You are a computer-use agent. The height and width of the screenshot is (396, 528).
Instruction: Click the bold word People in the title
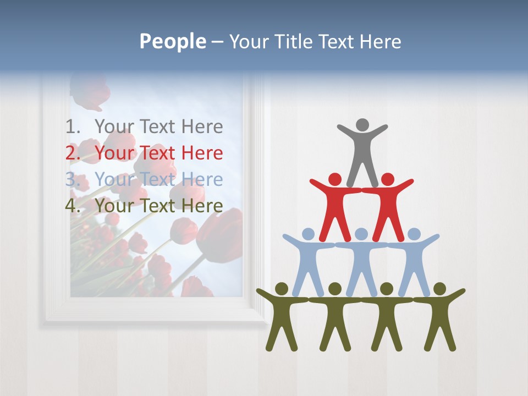172,41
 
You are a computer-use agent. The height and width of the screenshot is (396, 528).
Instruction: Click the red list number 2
73,153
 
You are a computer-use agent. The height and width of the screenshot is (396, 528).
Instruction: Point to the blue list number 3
73,180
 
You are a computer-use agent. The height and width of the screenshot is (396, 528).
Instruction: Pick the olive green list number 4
73,206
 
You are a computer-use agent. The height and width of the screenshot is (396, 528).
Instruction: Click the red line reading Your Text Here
159,153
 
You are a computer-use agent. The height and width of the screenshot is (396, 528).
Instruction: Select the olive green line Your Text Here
159,206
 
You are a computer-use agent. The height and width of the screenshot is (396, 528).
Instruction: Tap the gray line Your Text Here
159,127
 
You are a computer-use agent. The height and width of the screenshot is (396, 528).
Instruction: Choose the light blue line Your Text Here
159,180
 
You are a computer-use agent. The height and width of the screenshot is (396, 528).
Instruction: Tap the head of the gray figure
362,125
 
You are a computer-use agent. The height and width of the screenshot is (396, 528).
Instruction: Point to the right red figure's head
388,179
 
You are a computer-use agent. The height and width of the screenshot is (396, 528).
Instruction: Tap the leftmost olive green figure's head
282,289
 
